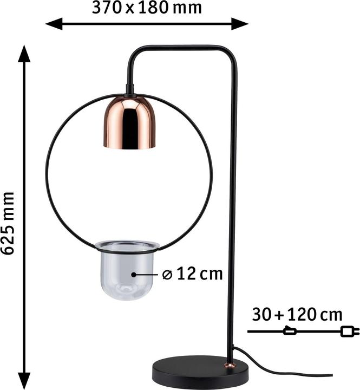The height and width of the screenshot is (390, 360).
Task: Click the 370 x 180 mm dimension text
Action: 146,8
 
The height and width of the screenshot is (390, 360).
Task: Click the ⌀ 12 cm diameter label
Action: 192,274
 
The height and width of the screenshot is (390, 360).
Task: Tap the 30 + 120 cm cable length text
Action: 297,314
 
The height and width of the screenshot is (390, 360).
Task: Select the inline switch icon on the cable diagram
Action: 290,331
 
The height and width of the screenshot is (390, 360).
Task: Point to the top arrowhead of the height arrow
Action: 23,51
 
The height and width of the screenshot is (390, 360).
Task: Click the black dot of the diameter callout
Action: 134,275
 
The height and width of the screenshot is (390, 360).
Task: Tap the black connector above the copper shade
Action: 129,89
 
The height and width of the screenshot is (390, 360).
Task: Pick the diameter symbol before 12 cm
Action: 167,275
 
